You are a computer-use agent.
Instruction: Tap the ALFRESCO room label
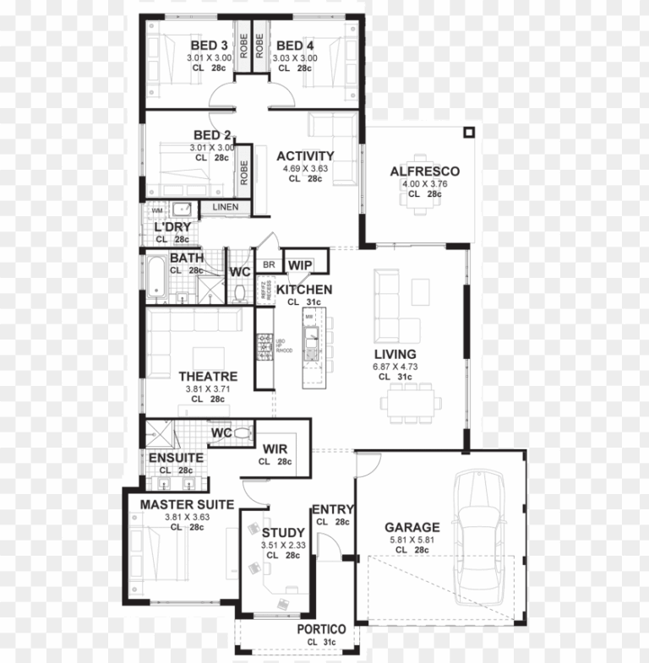[424, 171]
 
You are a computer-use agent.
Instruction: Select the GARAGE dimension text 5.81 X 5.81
[412, 539]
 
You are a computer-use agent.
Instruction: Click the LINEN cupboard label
[225, 207]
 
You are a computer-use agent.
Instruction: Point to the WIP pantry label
[299, 265]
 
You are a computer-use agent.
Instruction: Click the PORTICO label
[321, 629]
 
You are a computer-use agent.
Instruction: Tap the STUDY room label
[283, 533]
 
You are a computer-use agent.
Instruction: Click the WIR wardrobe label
[275, 448]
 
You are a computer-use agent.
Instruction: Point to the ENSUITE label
[177, 458]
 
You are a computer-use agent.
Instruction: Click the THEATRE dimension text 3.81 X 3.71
[208, 389]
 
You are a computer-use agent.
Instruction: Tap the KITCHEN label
[304, 290]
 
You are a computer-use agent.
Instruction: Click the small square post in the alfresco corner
[469, 133]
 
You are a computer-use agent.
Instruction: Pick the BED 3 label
[209, 46]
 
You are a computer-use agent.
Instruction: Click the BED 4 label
[295, 46]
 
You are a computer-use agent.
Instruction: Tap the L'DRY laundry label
[172, 227]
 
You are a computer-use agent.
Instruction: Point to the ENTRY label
[333, 509]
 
